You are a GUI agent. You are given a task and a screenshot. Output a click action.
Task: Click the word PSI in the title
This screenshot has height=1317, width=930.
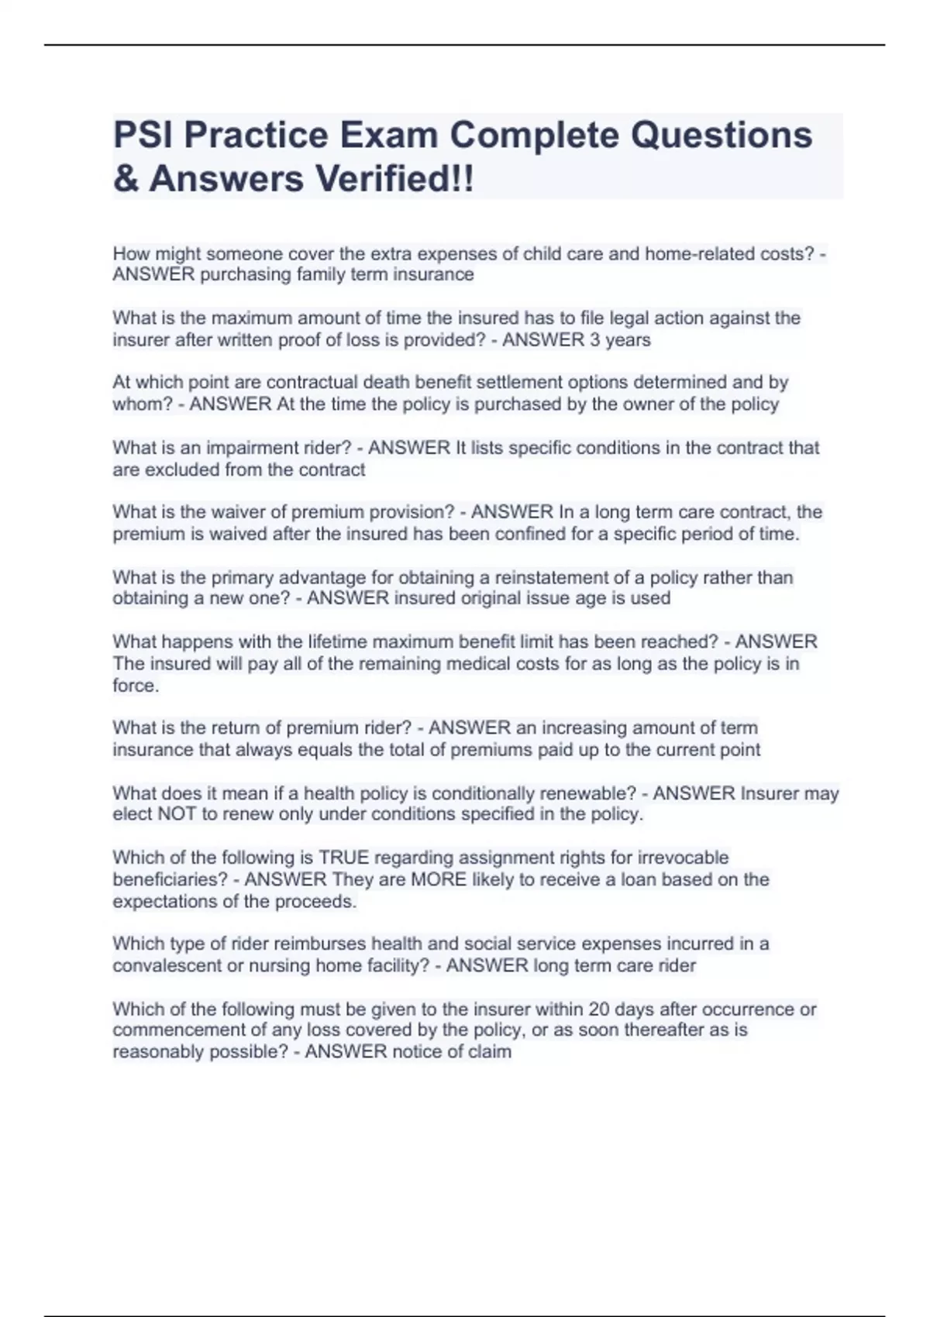pos(143,135)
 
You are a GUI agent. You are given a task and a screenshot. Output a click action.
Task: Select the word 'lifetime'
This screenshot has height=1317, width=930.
pos(340,641)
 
